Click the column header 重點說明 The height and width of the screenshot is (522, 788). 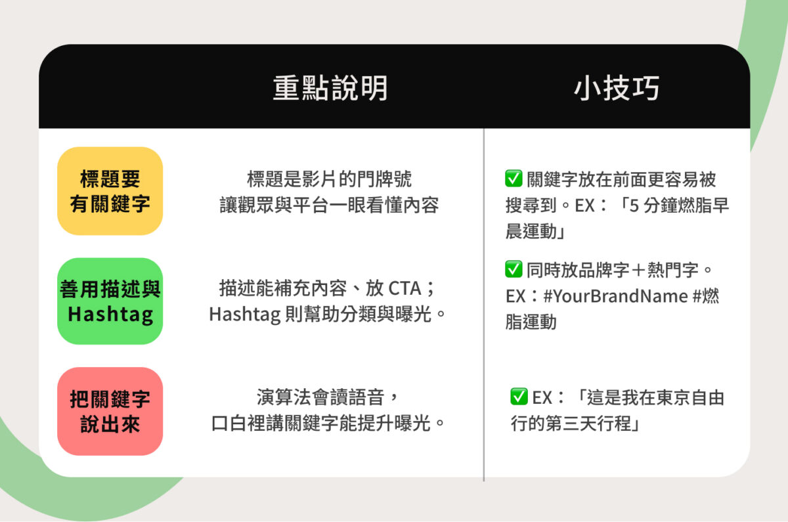coord(330,88)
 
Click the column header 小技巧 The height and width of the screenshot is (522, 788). coord(617,88)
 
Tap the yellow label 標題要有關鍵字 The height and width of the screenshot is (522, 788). coord(110,191)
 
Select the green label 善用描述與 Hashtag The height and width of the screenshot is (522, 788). coord(110,301)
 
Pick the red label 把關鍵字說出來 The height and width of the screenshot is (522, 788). coord(110,411)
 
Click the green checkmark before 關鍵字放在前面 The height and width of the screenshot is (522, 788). coord(514,179)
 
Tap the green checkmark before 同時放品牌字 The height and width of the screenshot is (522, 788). coord(514,269)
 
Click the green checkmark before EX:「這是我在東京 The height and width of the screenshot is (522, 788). coord(519,397)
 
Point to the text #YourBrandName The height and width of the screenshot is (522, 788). coord(616,296)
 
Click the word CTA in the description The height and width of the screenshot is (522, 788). coord(405,288)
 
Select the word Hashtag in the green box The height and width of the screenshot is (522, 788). coord(110,314)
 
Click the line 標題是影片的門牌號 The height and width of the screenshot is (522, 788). coord(329,179)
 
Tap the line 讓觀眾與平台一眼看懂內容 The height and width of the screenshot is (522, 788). coord(329,205)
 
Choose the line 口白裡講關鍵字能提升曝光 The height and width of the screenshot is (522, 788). coord(328,423)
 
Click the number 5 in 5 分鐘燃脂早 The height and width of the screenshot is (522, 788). coord(634,206)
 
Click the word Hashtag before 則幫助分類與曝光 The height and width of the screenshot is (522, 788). coord(245,314)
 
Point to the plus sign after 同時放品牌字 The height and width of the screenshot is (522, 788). coord(638,270)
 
